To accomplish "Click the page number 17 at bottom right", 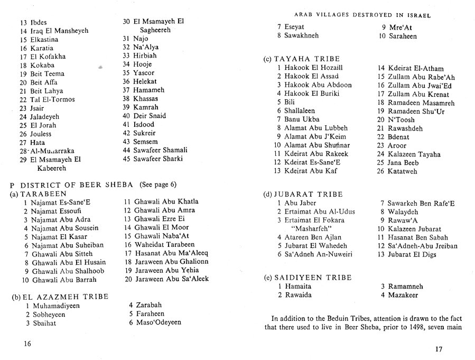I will pyautogui.click(x=437, y=348).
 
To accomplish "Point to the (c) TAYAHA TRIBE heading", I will pyautogui.click(x=301, y=59).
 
